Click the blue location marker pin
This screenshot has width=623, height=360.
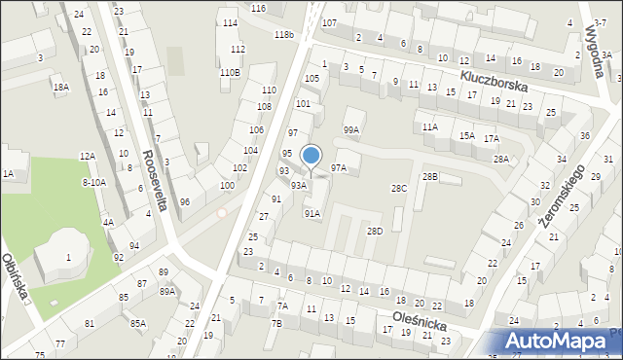point(311,156)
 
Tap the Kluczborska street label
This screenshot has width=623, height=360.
point(496,80)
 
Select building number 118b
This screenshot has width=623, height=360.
point(283,34)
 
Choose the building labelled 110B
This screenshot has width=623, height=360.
point(230,72)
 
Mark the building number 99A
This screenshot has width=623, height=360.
point(351,129)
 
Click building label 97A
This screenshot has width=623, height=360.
point(338,167)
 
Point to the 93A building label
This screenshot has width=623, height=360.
point(299,184)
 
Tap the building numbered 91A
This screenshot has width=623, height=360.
point(312,213)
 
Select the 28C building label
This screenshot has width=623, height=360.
point(399,188)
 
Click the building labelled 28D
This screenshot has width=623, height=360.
point(375,231)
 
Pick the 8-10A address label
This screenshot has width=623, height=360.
point(94,182)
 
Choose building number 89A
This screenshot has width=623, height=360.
point(167,291)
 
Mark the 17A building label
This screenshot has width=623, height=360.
point(492,138)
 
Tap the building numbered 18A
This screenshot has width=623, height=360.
point(60,87)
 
